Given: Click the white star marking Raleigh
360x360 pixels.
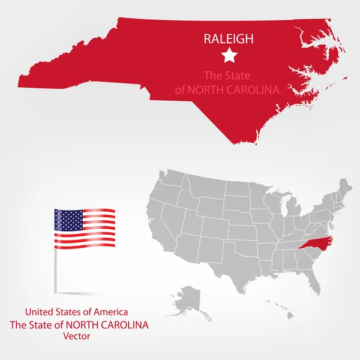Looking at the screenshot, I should [228, 56].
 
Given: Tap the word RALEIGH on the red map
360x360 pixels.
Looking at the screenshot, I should [229, 39].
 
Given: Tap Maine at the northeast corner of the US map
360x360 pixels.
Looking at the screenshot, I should [344, 189].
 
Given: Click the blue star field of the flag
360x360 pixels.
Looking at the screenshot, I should [68, 220].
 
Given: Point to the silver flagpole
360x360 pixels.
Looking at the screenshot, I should [55, 270].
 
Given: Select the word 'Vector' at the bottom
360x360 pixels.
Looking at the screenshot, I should [76, 337].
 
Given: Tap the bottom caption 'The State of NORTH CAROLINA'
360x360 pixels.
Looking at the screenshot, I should [79, 325].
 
